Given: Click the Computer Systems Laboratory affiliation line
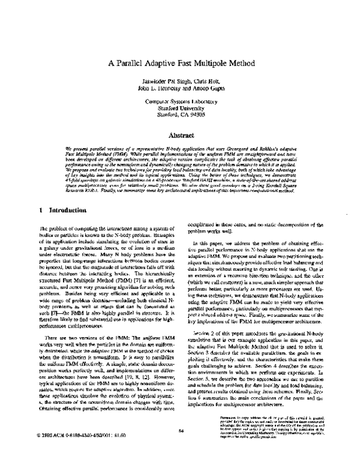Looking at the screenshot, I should pos(179,119).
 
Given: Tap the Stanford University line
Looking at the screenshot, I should pos(179,127).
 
